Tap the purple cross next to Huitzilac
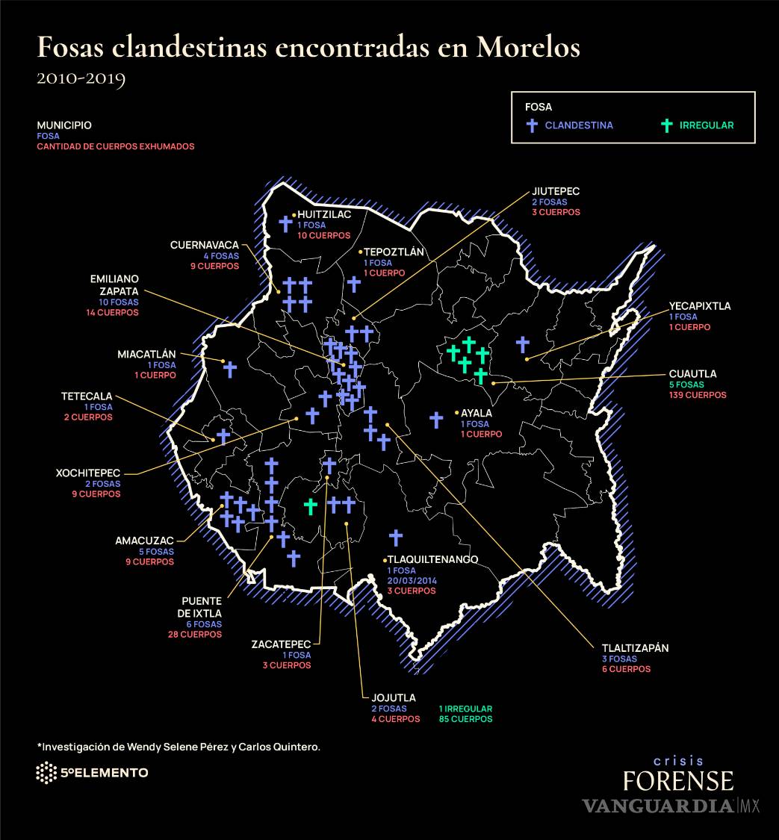click(285, 223)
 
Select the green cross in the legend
click(668, 125)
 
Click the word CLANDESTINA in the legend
click(579, 125)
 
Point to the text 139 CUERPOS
click(698, 394)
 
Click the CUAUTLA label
click(692, 373)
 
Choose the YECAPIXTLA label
click(700, 306)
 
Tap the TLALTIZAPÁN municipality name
click(635, 648)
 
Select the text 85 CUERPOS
click(465, 719)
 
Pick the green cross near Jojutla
click(311, 506)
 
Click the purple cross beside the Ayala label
click(436, 420)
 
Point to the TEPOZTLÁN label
click(394, 252)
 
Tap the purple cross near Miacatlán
click(230, 369)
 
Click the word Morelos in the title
click(529, 47)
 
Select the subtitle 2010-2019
click(81, 78)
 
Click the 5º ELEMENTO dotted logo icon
click(46, 773)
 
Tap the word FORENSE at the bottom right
click(678, 781)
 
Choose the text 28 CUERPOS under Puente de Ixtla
click(195, 634)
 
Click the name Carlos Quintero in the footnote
click(279, 747)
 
